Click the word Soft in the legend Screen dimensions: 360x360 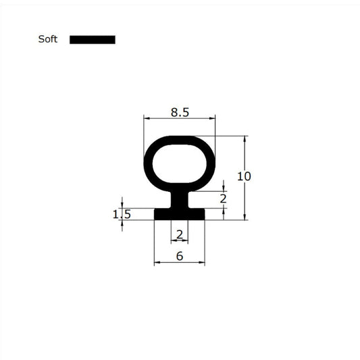[47, 39]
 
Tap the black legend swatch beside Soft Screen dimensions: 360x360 [93, 39]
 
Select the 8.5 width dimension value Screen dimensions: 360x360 [180, 113]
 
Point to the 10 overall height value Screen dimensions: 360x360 [244, 176]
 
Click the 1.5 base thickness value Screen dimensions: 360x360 [122, 214]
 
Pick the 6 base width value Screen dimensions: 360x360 [179, 256]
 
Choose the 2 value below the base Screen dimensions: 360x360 [179, 234]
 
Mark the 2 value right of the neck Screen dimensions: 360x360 [224, 199]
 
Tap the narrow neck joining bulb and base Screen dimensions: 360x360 [179, 201]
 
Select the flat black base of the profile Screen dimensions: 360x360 [179, 213]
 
